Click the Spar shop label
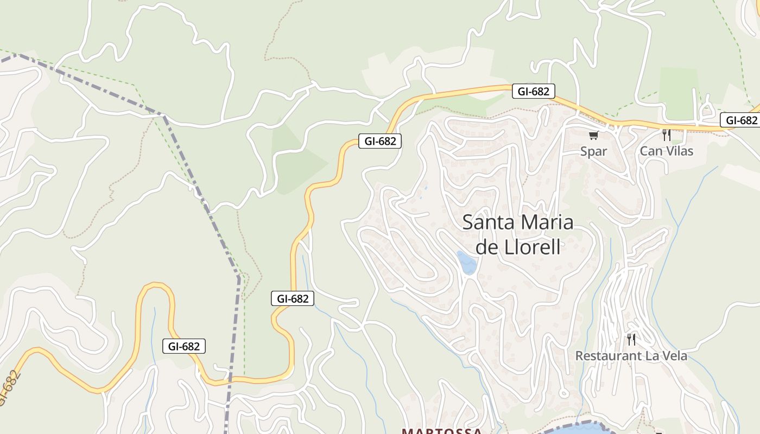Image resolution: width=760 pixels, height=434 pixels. pos(593,151)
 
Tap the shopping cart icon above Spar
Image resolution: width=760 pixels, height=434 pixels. pos(593,135)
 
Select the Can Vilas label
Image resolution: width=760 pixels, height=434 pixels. pos(666,151)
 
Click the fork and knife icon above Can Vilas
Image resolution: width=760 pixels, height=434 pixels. pos(666,135)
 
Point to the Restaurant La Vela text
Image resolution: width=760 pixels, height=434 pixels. pos(631,356)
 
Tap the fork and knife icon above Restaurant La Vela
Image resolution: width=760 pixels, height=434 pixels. pos(631,340)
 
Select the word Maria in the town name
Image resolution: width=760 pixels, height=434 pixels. pos(547,222)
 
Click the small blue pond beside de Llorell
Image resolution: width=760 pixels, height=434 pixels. pos(466,263)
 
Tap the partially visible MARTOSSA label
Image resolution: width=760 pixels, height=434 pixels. pos(441,431)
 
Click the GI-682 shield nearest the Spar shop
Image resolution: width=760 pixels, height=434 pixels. pos(533,91)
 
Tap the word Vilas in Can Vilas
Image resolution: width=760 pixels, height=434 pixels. pos(677,151)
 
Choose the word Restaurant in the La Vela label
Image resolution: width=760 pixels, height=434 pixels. pos(609,356)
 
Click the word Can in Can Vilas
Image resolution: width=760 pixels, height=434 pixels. pos(650,151)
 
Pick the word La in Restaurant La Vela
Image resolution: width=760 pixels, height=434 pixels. pos(651,356)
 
